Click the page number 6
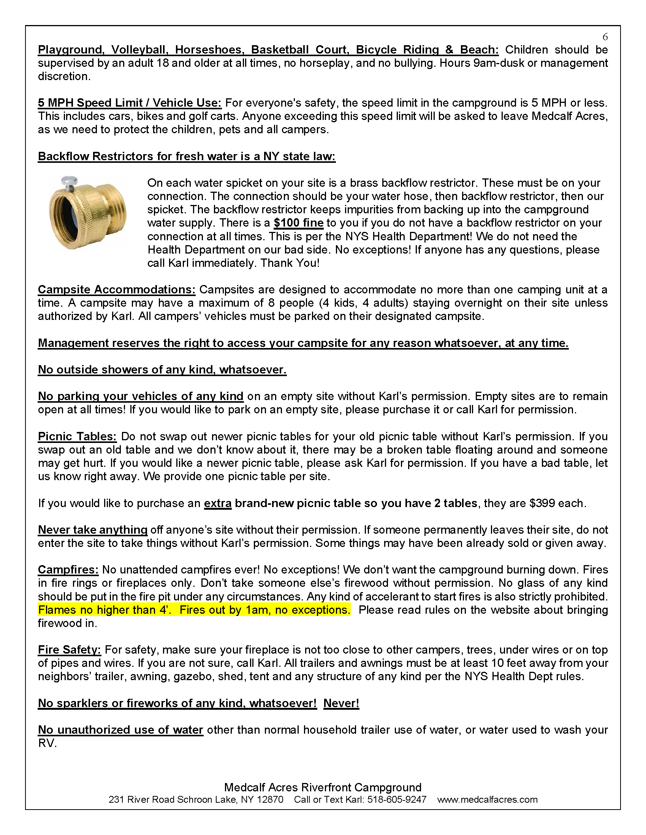click(x=605, y=37)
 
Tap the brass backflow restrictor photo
click(x=88, y=213)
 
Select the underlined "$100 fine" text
click(x=299, y=223)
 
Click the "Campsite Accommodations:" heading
click(x=116, y=290)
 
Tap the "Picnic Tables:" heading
click(x=77, y=436)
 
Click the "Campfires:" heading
click(x=68, y=570)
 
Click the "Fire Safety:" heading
click(x=69, y=650)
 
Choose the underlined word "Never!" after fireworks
click(x=341, y=703)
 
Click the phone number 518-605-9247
click(x=396, y=800)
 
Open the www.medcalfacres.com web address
click(x=487, y=800)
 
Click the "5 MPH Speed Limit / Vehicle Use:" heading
click(x=129, y=103)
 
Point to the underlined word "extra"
click(x=217, y=503)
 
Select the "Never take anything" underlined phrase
click(x=93, y=530)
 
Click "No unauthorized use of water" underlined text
click(x=120, y=730)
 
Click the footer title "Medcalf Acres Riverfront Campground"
click(x=323, y=787)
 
